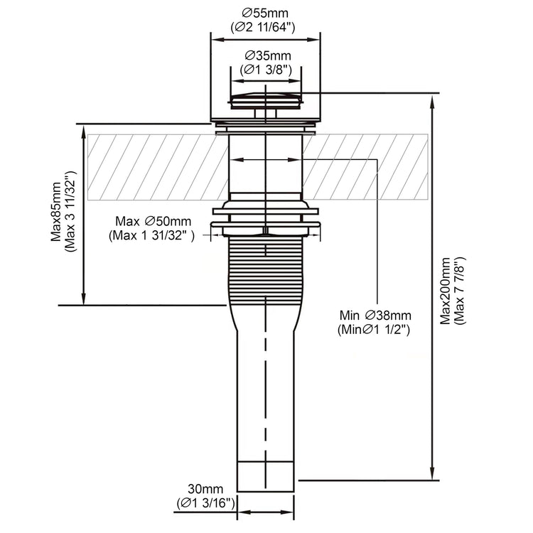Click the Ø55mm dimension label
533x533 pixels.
pos(265,14)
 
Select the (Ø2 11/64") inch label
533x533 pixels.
pos(263,28)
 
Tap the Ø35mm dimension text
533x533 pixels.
pos(268,55)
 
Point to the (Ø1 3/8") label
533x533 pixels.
pos(266,70)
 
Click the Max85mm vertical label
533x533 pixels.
pos(55,212)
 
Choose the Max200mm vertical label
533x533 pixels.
pos(446,291)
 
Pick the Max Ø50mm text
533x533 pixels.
pos(154,221)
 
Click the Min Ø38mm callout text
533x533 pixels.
pos(375,316)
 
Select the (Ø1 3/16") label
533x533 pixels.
pos(205,503)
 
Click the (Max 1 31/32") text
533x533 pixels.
pos(151,235)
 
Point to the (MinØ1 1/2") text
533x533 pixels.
pos(374,330)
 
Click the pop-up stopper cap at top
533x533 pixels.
pos(266,100)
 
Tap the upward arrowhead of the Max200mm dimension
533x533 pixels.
pos(432,102)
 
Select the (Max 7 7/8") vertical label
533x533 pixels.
pos(459,291)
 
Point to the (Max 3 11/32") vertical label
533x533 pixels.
pos(70,211)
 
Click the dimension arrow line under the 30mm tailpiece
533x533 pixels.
pos(266,512)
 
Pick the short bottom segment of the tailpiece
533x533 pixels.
pos(266,476)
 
